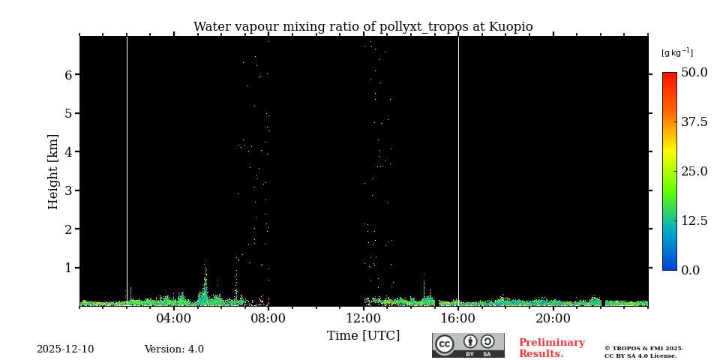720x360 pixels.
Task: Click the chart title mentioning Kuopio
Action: (x=363, y=27)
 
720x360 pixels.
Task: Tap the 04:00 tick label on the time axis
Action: (x=174, y=319)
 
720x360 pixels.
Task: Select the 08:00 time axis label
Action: (x=268, y=319)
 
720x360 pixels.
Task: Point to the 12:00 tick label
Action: (x=363, y=319)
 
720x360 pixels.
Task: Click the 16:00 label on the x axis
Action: (x=458, y=319)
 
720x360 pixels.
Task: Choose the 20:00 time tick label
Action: (x=553, y=319)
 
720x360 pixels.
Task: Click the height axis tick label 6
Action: (x=67, y=75)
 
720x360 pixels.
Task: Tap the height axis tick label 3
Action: (x=67, y=190)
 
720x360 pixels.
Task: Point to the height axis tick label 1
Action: (x=67, y=268)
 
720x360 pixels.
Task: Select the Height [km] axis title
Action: (x=53, y=171)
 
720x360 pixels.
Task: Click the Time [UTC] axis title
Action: (x=363, y=336)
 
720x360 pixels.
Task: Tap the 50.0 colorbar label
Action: (x=694, y=73)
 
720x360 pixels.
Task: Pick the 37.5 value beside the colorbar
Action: (x=694, y=122)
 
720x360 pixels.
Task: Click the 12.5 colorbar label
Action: (x=694, y=220)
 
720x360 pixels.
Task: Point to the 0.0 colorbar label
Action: (x=691, y=270)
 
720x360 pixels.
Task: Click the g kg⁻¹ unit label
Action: (x=676, y=52)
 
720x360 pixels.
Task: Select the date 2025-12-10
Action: (x=65, y=349)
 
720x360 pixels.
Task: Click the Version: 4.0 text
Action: (x=174, y=349)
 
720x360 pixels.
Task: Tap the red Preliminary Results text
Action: (x=551, y=348)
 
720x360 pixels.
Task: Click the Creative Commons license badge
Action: (x=468, y=345)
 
